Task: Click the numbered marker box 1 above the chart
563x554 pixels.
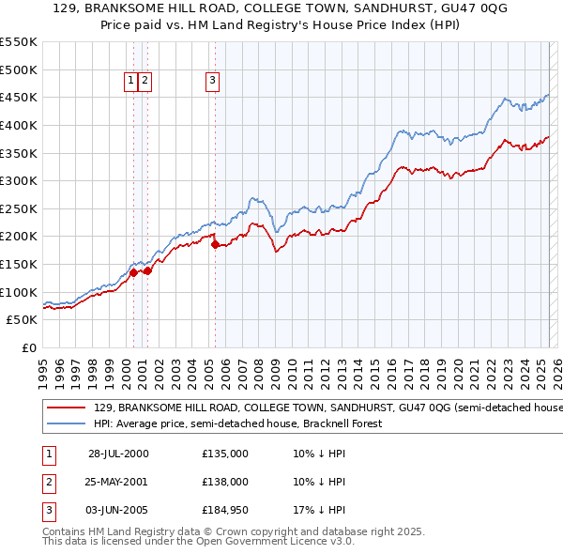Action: coord(130,82)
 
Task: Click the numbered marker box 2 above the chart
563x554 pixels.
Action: coord(145,82)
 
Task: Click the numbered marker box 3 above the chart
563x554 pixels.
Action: coord(213,82)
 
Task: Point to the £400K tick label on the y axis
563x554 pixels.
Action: coord(18,125)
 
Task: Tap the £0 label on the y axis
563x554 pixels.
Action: coord(29,347)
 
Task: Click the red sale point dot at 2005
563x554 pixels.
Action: coord(215,245)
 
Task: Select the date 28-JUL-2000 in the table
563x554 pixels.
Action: coord(118,454)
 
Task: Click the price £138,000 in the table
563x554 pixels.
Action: coord(225,482)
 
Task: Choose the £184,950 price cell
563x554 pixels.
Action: coord(225,510)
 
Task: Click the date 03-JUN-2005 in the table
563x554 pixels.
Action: coord(118,510)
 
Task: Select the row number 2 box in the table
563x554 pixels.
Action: coord(48,482)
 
